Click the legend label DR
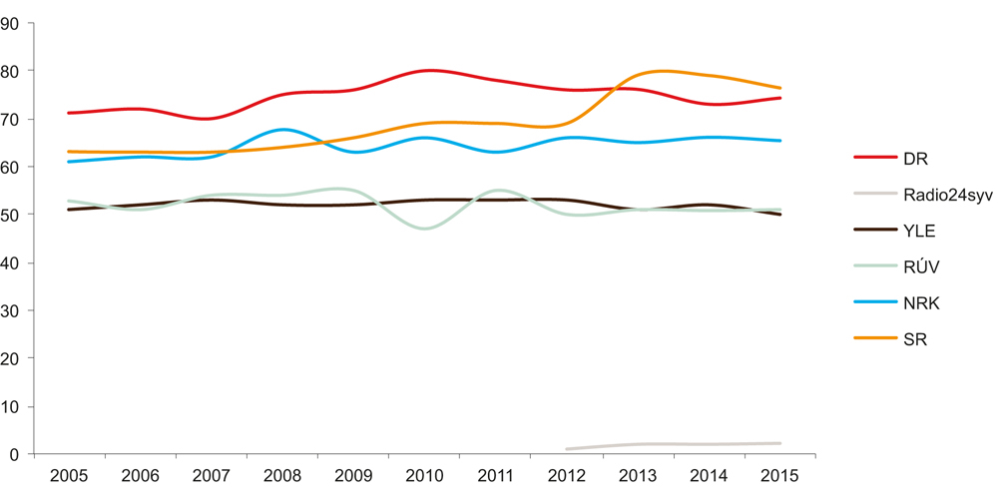[x=915, y=158]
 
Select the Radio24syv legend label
[x=947, y=195]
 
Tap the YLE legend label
[x=919, y=231]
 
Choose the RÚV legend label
[x=921, y=267]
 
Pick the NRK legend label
[x=921, y=303]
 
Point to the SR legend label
[x=914, y=339]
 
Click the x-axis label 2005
[x=69, y=475]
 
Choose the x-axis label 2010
[x=424, y=475]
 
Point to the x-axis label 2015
[x=779, y=475]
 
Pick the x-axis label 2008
[x=282, y=475]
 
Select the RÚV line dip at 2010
[x=426, y=229]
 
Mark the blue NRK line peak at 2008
[x=283, y=129]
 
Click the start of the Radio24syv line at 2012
[x=568, y=449]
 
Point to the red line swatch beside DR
[x=874, y=158]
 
